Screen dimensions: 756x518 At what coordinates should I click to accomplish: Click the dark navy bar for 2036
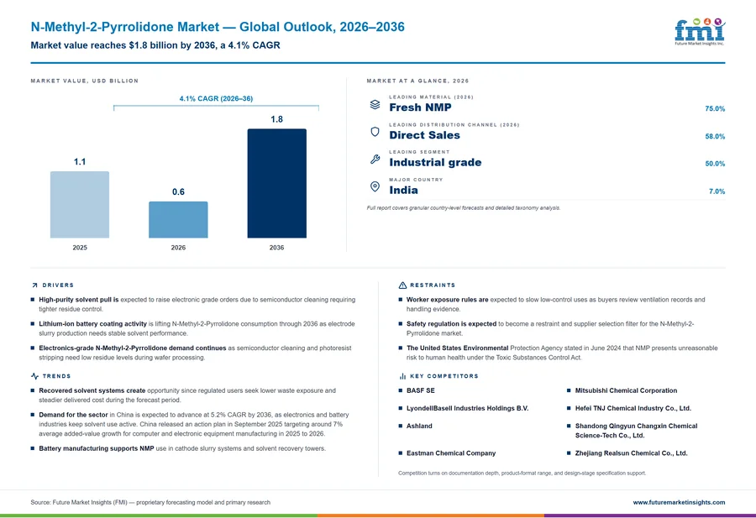point(276,183)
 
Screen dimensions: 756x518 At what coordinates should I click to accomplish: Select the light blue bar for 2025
point(80,204)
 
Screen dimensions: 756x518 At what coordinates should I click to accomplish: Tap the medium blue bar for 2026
point(178,220)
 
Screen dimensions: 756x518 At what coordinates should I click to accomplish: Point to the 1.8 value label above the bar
point(276,119)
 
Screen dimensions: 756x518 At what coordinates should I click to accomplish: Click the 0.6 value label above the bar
point(178,191)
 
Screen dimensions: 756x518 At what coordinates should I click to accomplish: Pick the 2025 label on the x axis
point(80,248)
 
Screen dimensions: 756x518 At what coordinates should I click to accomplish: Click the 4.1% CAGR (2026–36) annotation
point(216,98)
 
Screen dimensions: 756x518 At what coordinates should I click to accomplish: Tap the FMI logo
point(700,31)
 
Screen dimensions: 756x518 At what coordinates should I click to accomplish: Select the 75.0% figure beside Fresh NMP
point(715,108)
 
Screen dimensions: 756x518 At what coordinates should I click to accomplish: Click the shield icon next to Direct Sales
point(375,132)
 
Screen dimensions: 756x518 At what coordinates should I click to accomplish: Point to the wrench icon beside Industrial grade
point(375,159)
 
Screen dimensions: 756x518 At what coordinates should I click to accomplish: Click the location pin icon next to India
point(375,186)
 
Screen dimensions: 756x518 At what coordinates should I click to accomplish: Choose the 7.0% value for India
point(717,191)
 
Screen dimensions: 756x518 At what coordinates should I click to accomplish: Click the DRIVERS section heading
point(58,285)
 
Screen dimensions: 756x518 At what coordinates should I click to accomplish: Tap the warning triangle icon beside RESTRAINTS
point(402,285)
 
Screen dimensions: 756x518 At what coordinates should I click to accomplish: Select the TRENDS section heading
point(56,376)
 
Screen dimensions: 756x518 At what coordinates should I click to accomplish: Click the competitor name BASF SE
point(421,390)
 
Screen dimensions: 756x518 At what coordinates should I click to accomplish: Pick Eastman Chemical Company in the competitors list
point(451,453)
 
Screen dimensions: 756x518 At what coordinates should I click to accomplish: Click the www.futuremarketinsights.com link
point(679,502)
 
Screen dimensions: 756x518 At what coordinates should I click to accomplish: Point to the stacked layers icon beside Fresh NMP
point(375,105)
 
